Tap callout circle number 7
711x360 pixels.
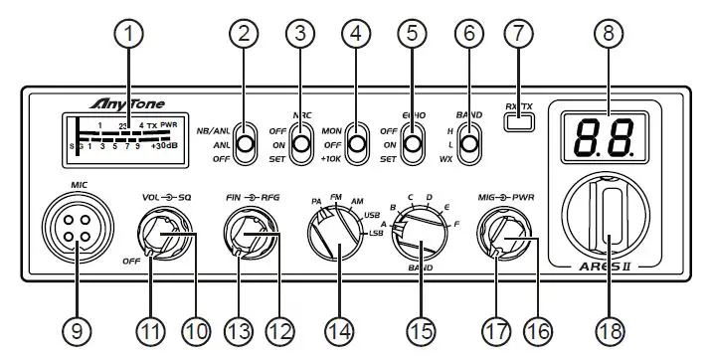tap(518, 35)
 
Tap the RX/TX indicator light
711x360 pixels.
tap(518, 123)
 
